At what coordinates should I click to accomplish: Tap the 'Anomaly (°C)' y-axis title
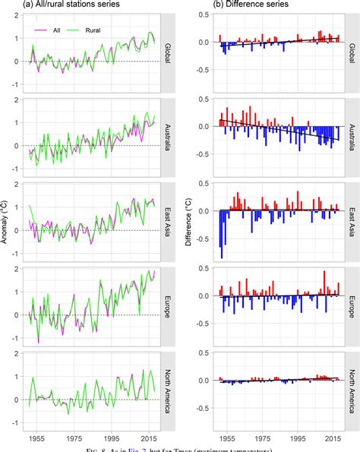click(6, 220)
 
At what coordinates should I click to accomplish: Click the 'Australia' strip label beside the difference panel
click(352, 136)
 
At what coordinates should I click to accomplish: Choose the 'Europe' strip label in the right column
click(352, 304)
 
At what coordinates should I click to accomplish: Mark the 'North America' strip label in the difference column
click(352, 387)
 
